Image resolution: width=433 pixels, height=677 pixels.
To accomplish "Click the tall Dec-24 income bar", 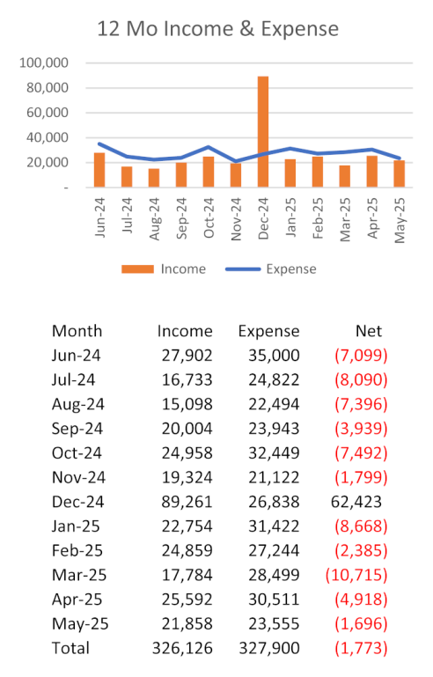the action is (x=263, y=132).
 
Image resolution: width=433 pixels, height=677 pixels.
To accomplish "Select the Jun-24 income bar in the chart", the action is (x=99, y=170).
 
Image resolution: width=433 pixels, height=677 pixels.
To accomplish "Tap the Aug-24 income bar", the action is (x=154, y=178).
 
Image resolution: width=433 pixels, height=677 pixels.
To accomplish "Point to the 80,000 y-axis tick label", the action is (x=48, y=88).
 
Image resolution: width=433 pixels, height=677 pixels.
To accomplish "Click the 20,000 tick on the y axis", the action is (x=48, y=162).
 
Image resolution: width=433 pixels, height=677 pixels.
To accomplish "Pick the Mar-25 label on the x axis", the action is (x=345, y=219).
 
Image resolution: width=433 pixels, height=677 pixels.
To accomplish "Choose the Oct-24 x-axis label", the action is (x=209, y=217).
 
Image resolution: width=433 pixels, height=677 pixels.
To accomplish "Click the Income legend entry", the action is (x=164, y=269).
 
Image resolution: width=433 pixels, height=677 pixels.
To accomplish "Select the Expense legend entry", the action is (x=271, y=269).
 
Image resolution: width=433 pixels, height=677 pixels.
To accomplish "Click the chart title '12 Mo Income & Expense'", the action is (x=217, y=29).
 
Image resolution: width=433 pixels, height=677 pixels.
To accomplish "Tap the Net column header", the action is (x=369, y=331).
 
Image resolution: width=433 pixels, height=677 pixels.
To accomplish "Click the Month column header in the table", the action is (x=77, y=331).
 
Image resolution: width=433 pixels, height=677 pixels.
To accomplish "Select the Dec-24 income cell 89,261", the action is (x=187, y=502).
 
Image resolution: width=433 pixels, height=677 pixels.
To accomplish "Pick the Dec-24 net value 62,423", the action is (x=356, y=502).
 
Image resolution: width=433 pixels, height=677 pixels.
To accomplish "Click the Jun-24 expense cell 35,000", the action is (x=274, y=356).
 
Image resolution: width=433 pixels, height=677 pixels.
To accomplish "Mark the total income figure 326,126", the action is (x=182, y=648).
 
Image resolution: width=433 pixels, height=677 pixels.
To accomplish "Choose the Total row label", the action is (x=70, y=648).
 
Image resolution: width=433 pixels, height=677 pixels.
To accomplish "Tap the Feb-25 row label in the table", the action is (x=77, y=550).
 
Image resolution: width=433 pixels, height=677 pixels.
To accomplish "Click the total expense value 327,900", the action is (x=269, y=648).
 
